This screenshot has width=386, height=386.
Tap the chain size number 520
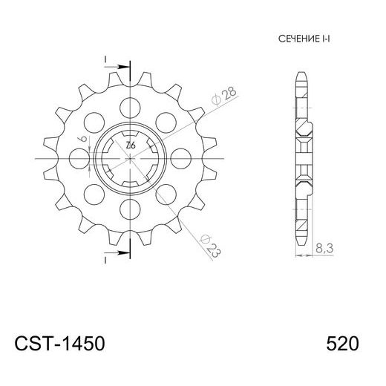pos(342,345)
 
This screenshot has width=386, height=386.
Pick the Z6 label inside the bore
pos(130,145)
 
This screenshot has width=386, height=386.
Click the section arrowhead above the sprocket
pos(118,68)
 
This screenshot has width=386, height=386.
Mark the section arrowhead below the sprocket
pos(118,251)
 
